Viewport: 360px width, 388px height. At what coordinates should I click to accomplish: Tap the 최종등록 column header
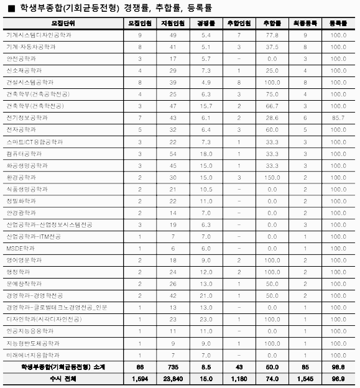pos(305,23)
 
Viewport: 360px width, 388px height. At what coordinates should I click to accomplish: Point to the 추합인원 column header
pos(238,23)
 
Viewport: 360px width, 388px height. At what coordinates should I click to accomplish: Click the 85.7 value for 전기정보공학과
pos(339,118)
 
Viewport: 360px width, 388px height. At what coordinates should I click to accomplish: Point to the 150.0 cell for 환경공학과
pos(271,177)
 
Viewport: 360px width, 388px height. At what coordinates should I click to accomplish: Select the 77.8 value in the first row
pos(271,35)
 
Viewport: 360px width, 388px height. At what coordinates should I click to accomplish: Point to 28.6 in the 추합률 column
pos(271,118)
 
